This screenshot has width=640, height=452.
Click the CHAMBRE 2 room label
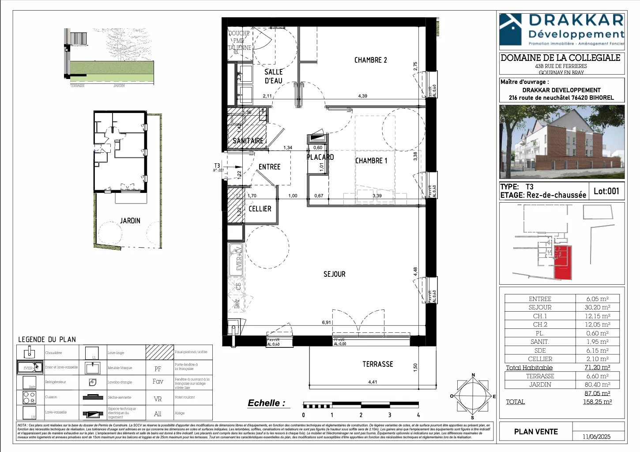370,60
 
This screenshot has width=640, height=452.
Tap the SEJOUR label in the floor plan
334,274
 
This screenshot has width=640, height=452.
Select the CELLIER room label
260,209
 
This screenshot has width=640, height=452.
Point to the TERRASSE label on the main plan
377,364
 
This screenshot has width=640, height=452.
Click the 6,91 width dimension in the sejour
326,323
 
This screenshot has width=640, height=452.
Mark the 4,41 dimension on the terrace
373,382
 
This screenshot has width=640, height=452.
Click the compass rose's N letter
473,375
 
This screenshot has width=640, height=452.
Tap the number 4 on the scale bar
418,415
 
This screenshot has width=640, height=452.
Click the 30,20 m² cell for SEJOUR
598,307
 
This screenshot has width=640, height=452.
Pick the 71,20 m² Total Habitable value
597,367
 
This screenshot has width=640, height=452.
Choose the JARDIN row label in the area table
540,384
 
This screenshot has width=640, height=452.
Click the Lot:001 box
606,191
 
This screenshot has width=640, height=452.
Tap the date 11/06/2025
596,437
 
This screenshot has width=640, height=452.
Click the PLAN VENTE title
536,432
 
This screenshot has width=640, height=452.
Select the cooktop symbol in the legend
29,397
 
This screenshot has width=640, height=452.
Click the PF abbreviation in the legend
158,369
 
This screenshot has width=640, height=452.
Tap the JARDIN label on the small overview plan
130,221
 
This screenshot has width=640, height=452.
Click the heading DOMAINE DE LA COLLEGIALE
560,58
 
